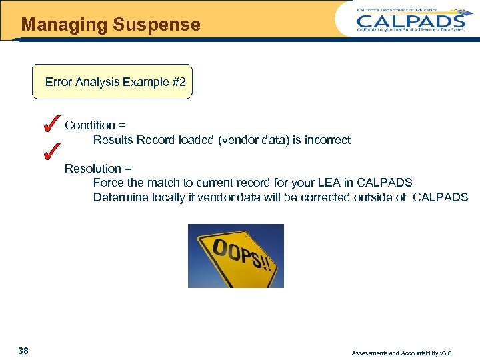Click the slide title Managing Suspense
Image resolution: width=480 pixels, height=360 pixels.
pyautogui.click(x=111, y=25)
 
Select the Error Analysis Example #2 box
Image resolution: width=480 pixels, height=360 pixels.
pyautogui.click(x=113, y=82)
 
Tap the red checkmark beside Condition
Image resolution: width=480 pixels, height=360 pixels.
pyautogui.click(x=48, y=123)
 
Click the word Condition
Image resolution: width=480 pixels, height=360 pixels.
pyautogui.click(x=90, y=125)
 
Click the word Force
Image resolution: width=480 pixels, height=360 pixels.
pyautogui.click(x=107, y=183)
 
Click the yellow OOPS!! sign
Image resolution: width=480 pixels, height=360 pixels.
pyautogui.click(x=236, y=256)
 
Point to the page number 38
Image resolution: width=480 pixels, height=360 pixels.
pyautogui.click(x=23, y=351)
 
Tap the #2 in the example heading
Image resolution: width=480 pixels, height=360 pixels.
pyautogui.click(x=179, y=82)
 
